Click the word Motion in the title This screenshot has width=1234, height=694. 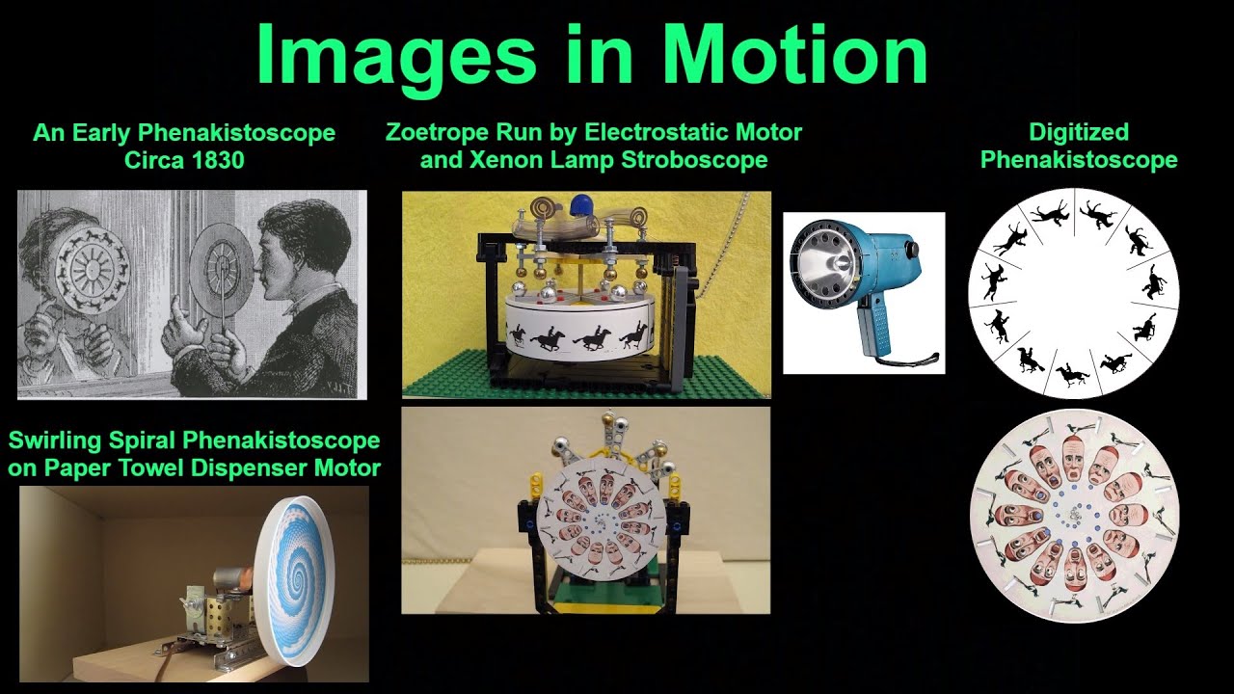[795, 56]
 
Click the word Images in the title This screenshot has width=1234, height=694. [396, 56]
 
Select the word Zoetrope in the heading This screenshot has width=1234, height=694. [436, 132]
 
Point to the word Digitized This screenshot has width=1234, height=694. [1078, 132]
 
